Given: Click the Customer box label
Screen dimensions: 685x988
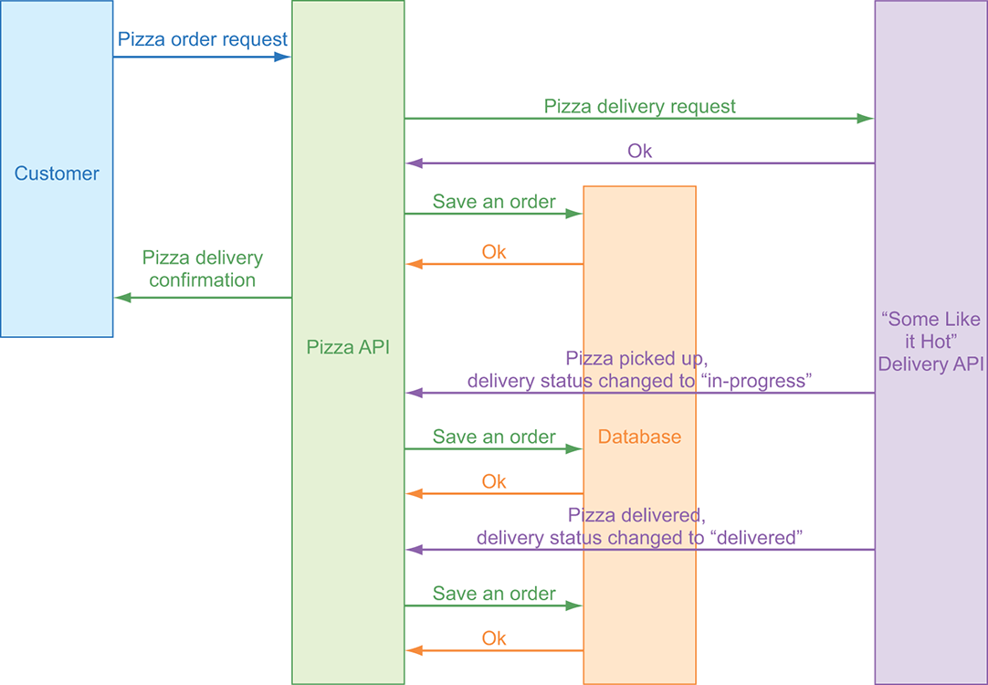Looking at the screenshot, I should point(57,174).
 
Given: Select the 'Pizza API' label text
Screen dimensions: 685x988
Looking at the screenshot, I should point(348,347).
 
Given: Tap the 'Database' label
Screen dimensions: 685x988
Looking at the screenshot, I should point(639,437).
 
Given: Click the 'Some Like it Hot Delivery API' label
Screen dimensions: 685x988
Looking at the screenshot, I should point(930,342).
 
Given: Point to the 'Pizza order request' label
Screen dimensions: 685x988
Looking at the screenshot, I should point(203,40).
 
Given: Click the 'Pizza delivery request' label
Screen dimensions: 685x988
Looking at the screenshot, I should point(639,106).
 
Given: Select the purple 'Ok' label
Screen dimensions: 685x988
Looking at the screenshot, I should point(639,151).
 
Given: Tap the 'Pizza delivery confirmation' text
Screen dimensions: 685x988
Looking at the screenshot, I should point(203,269).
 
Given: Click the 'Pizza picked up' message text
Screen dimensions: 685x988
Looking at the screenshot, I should point(636,358).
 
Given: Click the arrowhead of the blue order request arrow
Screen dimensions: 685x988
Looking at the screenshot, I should point(283,57).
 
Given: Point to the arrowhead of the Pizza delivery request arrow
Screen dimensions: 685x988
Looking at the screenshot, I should point(866,118).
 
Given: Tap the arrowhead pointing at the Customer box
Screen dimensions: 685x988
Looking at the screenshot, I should point(122,297).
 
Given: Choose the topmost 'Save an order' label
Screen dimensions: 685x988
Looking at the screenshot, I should point(494,202).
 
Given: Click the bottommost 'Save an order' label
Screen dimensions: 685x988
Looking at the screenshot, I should point(494,594).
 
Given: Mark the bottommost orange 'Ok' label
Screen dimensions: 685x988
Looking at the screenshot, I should point(494,638).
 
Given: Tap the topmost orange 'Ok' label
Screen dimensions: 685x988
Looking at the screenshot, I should point(494,252).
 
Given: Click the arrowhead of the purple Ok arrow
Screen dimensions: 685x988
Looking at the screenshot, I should point(415,163).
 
